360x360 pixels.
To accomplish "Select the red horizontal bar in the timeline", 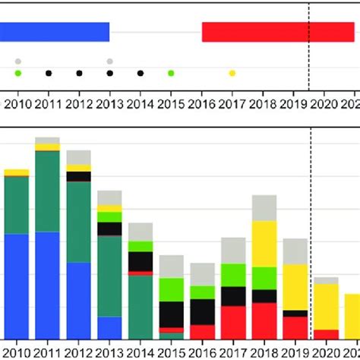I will tap(278, 32).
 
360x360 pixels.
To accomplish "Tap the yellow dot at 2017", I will tap(232, 73).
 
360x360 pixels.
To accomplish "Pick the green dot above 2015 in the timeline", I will tap(171, 73).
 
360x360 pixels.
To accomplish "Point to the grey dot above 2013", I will tap(109, 61).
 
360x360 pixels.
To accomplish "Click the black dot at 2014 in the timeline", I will tap(141, 73).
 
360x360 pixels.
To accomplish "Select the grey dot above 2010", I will tap(17, 61).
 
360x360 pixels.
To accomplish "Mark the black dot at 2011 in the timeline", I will tap(49, 73).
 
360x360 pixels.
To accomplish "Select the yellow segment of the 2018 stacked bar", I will tap(264, 243).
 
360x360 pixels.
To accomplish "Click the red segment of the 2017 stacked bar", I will tap(233, 322).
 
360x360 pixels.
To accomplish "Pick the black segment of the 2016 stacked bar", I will tap(202, 311).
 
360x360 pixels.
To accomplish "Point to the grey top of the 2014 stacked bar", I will tap(141, 232).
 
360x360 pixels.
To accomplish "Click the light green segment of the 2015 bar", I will tap(172, 289).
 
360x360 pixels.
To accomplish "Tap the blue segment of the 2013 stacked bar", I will tap(109, 327).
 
